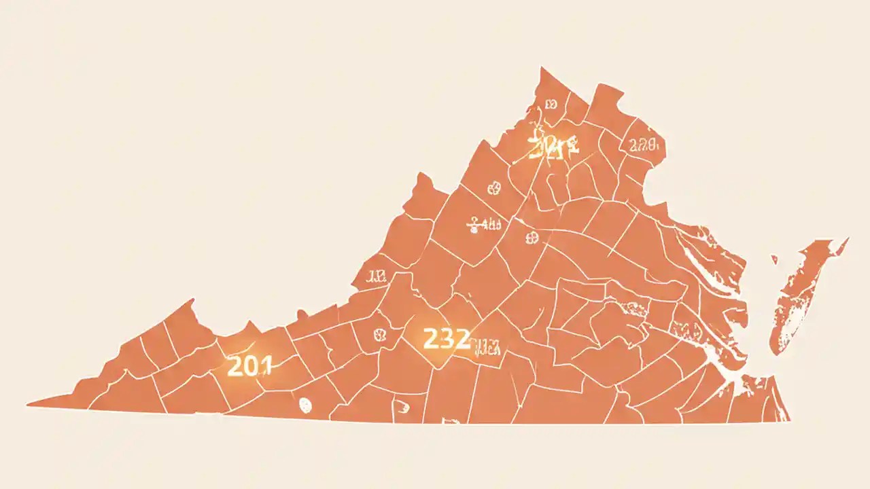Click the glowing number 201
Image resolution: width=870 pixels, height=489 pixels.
tap(249, 366)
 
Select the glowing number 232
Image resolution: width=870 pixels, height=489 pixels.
tap(447, 338)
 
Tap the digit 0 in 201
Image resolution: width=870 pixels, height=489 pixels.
tap(249, 366)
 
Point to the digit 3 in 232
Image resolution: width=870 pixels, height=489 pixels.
tap(447, 338)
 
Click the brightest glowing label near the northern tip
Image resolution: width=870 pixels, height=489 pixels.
tap(552, 145)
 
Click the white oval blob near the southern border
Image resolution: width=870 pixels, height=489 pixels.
tap(305, 405)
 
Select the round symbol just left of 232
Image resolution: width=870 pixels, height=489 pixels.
tap(379, 334)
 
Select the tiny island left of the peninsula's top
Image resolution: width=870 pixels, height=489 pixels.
tap(774, 258)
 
